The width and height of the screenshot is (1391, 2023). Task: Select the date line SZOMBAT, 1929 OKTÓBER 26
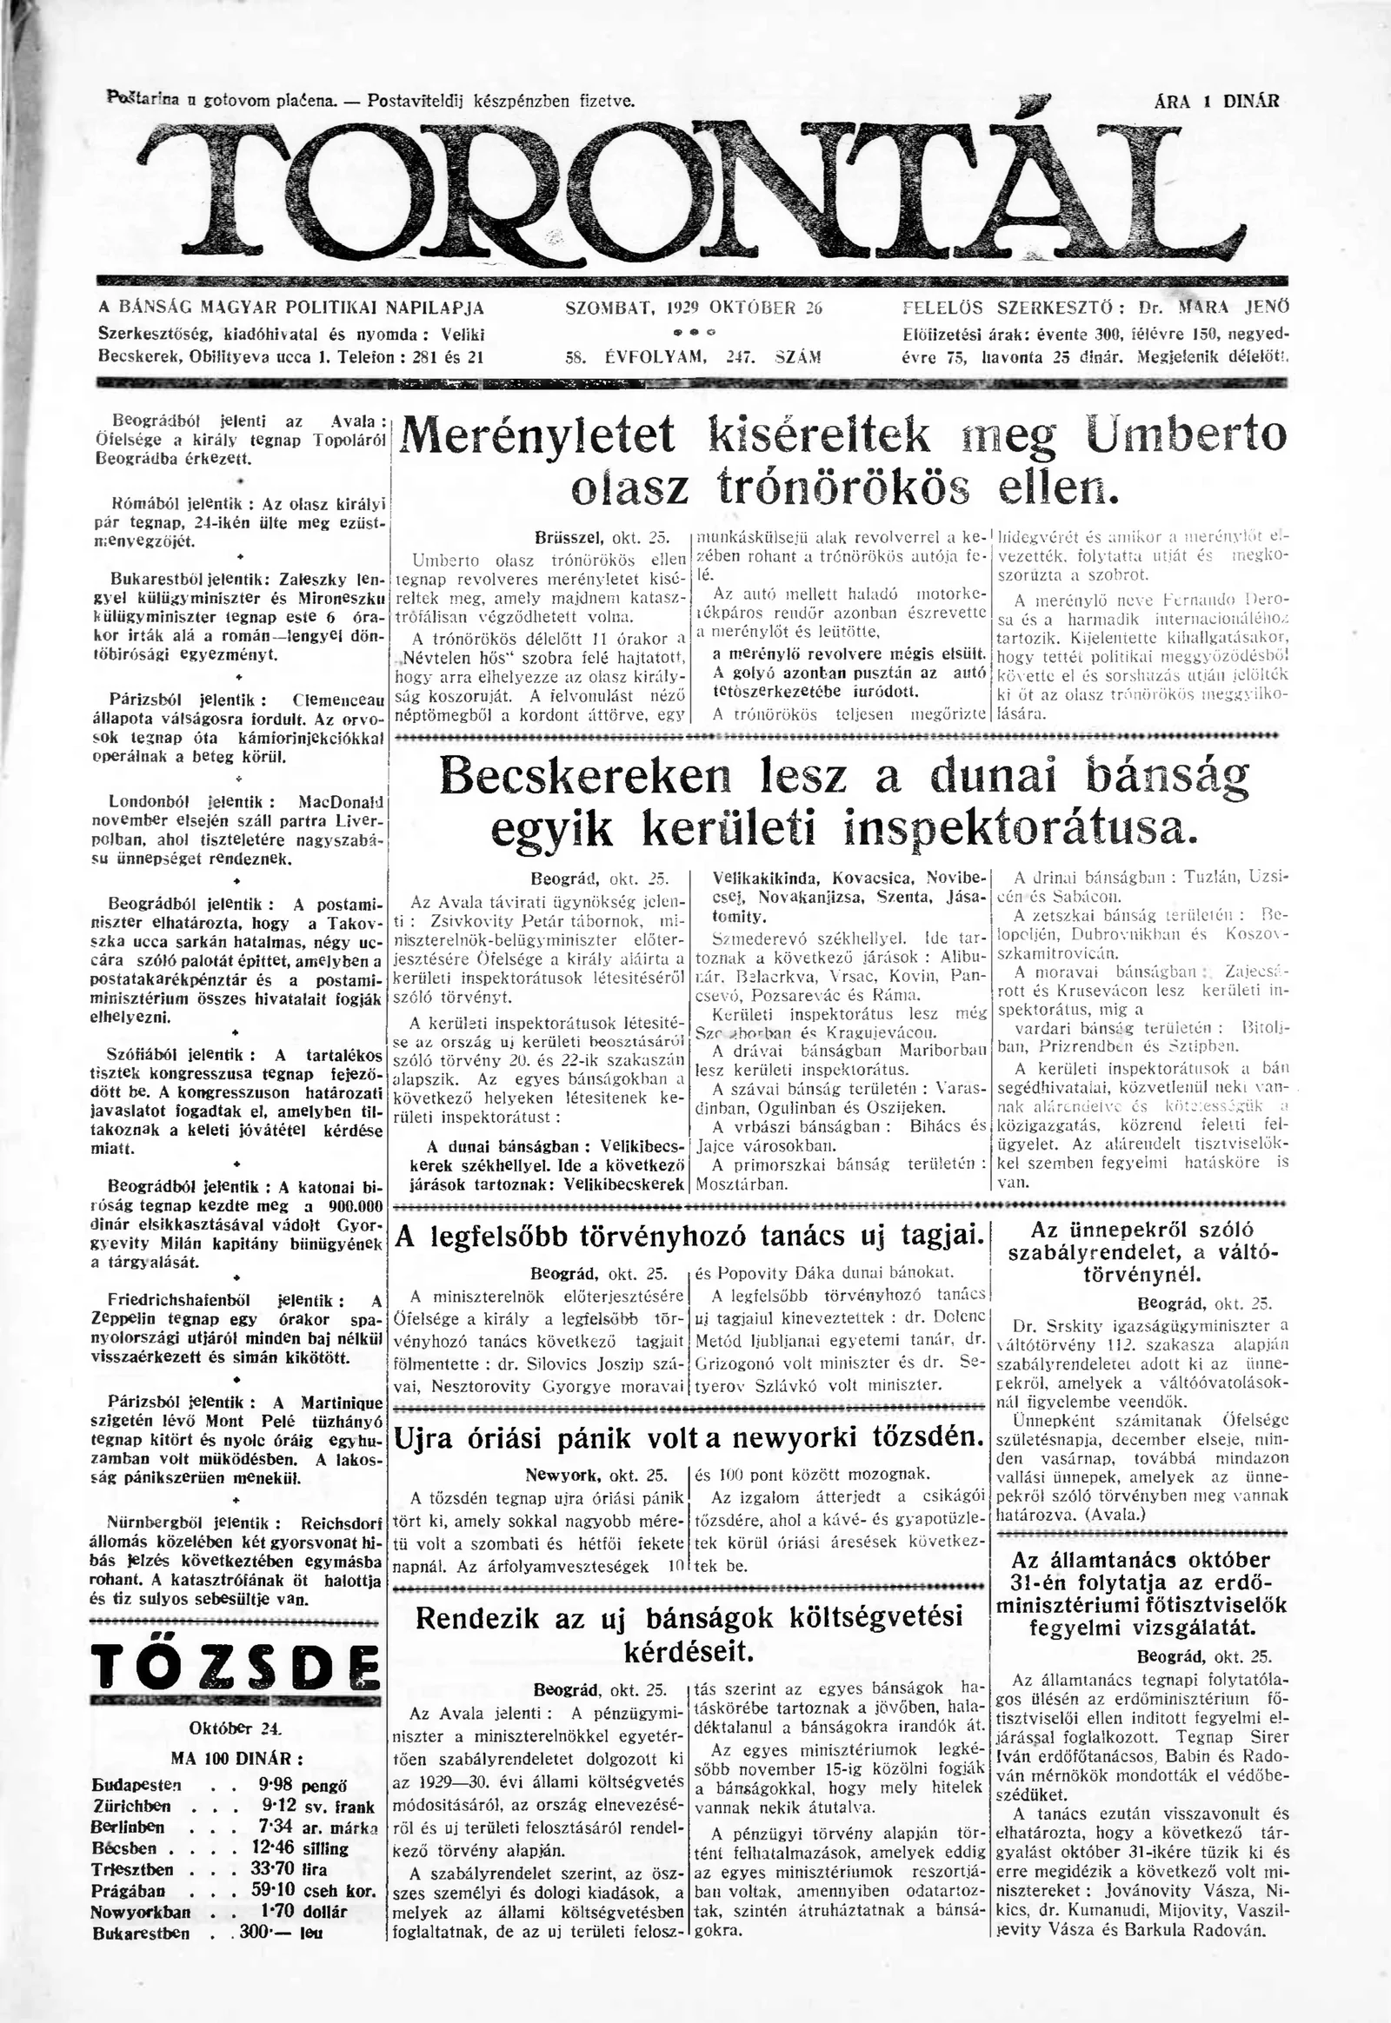[x=694, y=308]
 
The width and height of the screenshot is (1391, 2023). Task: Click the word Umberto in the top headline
[x=1187, y=434]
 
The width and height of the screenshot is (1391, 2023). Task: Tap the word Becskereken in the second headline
[x=589, y=775]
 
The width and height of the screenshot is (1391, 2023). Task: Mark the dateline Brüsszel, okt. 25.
[x=601, y=539]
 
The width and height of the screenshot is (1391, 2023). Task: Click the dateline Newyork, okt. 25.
[x=596, y=1475]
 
